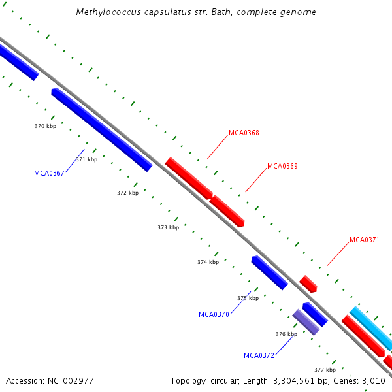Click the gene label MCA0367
49,173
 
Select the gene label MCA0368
244,133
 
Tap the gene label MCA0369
282,166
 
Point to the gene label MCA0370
214,314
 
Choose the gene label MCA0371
364,240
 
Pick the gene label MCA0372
259,355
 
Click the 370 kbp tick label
45,126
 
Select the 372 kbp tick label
127,193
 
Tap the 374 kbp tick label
208,262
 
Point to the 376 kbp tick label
286,334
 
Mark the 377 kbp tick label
325,370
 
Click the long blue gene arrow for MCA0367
101,129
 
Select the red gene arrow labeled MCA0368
189,178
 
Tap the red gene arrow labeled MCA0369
227,210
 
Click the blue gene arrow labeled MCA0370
269,272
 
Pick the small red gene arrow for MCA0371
308,284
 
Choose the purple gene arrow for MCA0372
306,322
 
